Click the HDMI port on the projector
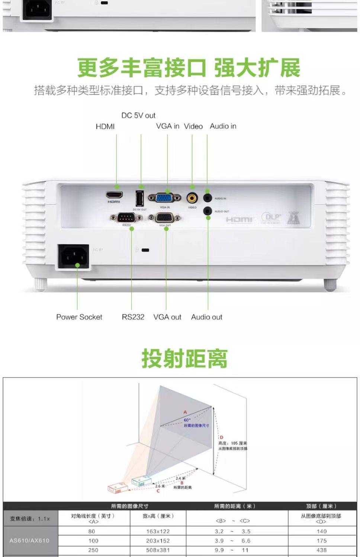coord(114,195)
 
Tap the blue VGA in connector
coord(164,197)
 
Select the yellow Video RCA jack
coord(192,197)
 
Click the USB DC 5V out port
coord(139,198)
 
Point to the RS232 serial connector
coord(126,218)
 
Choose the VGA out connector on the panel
coord(165,218)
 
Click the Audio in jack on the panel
coord(208,198)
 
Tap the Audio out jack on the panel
coord(208,211)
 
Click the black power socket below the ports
coord(73,256)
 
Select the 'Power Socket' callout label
coord(79,317)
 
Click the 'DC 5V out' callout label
coord(138,115)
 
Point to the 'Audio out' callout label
coord(206,317)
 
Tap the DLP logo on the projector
coord(271,217)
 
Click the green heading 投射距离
coord(184,358)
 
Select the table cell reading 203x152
coord(158,541)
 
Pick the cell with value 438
coord(321,550)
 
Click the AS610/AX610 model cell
coord(29,540)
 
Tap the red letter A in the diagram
coord(185,412)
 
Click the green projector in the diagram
coord(141,481)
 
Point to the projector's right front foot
coord(330,285)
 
